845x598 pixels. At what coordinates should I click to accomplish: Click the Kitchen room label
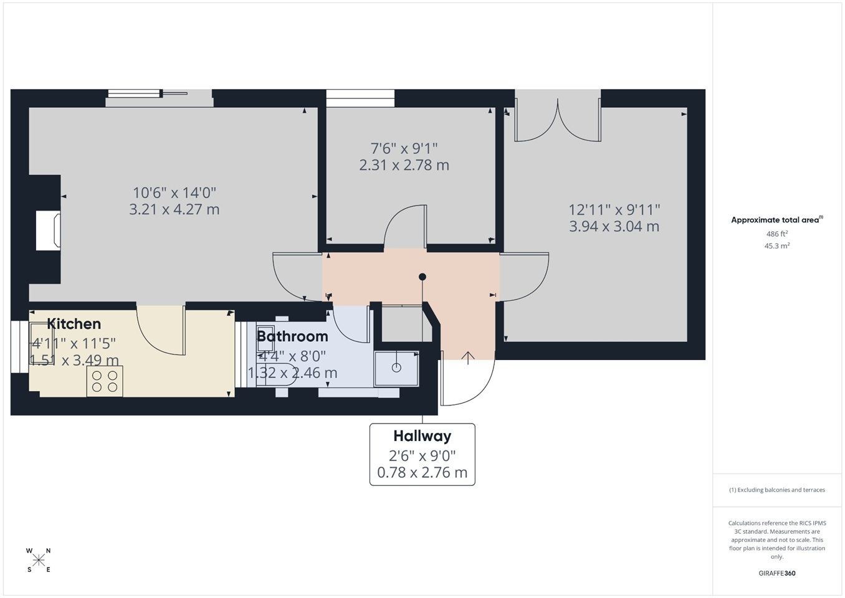(74, 324)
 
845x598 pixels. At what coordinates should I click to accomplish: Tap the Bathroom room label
(292, 336)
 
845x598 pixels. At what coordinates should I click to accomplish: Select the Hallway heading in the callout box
(422, 436)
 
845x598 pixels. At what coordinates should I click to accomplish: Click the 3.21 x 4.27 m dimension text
(174, 209)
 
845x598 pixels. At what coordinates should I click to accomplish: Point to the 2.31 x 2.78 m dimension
(404, 165)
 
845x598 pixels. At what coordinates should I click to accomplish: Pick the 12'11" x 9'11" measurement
(614, 210)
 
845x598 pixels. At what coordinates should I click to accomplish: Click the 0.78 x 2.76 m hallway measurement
(422, 472)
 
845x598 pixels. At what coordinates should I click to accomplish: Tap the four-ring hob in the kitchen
(105, 381)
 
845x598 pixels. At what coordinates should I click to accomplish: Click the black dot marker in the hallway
(422, 277)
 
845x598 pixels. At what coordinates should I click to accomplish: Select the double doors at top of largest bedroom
(557, 118)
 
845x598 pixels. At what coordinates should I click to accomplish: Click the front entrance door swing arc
(467, 383)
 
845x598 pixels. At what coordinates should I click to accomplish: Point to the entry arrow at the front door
(468, 357)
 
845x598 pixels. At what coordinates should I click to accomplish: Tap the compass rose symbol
(39, 560)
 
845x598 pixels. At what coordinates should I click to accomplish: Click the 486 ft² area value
(777, 234)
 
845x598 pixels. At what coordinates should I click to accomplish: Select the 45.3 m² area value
(777, 246)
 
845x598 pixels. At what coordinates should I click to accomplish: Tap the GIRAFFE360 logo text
(777, 573)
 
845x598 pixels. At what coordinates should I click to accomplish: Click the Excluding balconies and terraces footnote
(777, 490)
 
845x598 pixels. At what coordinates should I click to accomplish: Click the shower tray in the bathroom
(396, 368)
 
